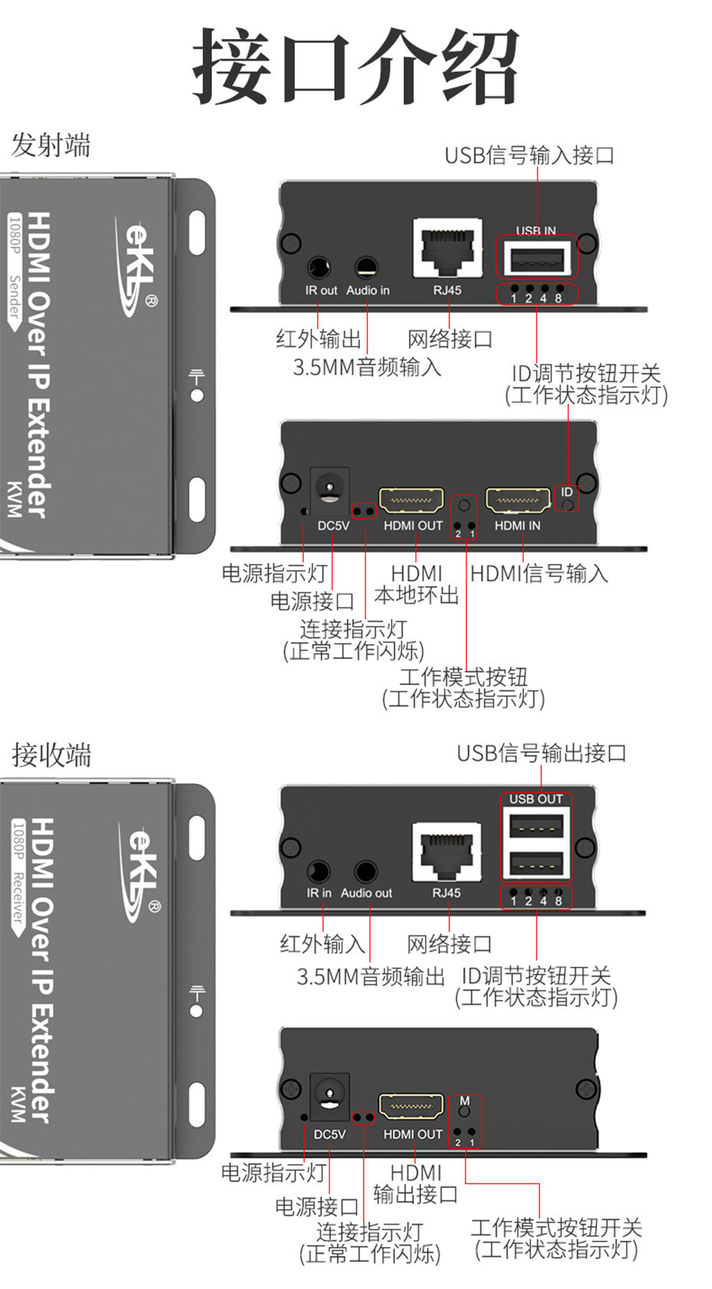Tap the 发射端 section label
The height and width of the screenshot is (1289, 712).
51,145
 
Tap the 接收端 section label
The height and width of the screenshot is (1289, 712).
51,755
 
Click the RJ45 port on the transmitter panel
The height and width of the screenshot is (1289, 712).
448,247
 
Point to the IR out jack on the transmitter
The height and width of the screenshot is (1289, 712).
318,268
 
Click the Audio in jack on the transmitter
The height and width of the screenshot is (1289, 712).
367,268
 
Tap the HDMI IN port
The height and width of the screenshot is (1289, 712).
518,501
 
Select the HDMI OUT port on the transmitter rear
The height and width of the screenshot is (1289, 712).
412,501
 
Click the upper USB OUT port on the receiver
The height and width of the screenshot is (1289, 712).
537,827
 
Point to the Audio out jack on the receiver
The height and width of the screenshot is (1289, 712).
366,872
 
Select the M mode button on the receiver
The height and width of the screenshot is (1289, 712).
464,1110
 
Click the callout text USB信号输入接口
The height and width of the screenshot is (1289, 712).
529,155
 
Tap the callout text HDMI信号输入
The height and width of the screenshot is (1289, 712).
539,573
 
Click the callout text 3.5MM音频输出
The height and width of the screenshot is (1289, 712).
371,976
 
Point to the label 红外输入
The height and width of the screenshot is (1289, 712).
322,943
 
